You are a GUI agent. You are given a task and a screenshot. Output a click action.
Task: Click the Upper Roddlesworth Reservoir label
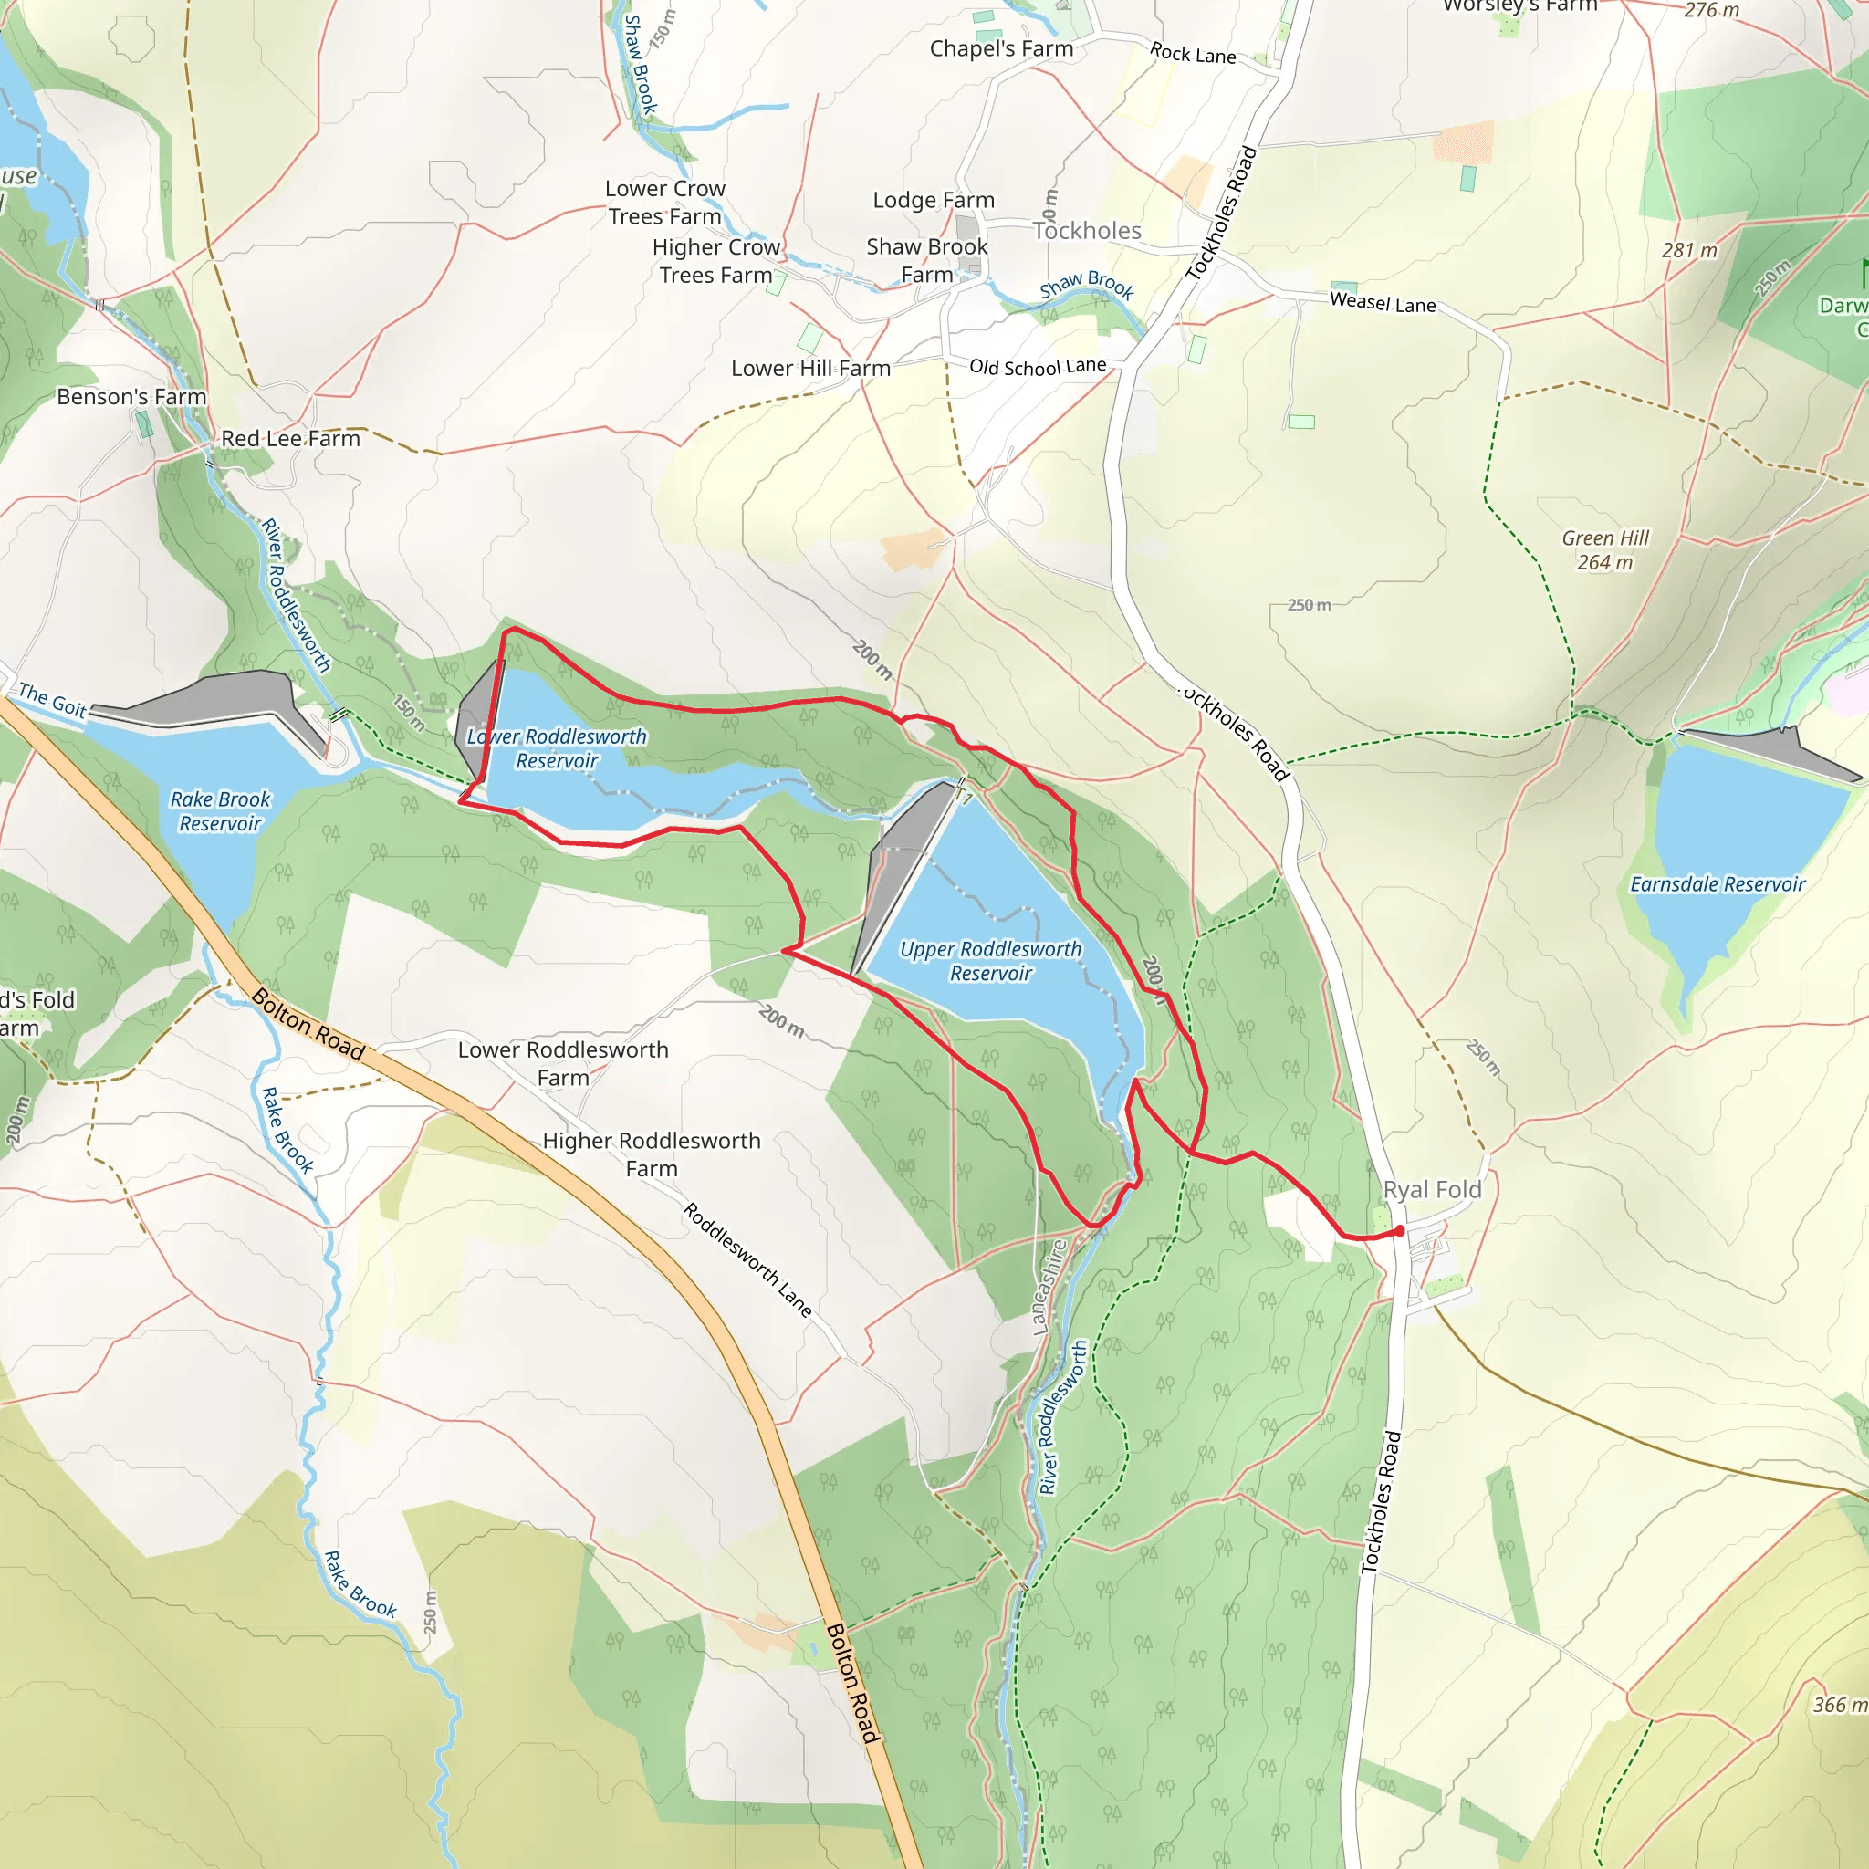989,961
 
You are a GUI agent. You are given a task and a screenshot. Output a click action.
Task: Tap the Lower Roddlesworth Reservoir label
557,747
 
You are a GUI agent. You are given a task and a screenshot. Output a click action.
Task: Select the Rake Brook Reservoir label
221,810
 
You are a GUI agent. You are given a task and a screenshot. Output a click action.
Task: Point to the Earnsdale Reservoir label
1718,883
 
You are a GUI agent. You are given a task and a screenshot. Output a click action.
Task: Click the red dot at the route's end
1399,1230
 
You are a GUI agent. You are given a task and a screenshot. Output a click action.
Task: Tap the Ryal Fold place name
1432,1189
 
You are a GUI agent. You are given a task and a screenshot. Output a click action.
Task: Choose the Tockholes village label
1086,230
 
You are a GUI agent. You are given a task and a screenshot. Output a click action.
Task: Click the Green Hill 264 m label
1605,549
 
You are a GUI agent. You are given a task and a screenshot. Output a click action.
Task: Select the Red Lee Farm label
290,438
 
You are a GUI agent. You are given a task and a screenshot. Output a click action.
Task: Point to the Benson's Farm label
131,397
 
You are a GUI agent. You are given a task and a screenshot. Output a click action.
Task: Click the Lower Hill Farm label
810,369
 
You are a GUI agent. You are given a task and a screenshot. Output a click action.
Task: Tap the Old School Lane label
1037,367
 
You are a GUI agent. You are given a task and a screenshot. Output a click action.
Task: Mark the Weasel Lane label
1382,303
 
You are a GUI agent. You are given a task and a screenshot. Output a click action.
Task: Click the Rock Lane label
1192,53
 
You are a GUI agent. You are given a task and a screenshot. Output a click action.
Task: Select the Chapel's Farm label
1001,48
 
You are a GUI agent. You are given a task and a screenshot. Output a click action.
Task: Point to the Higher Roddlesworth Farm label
651,1154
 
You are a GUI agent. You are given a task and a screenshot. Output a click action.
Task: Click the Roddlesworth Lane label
747,1258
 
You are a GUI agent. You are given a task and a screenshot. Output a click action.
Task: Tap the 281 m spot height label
1689,251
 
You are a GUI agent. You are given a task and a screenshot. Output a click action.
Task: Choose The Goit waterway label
52,699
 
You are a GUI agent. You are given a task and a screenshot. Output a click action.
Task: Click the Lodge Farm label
934,200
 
